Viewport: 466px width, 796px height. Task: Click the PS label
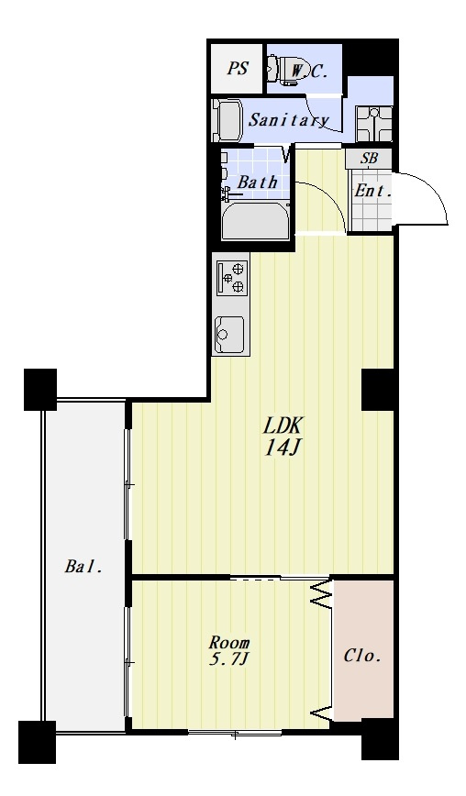click(237, 68)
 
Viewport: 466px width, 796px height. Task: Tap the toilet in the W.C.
click(283, 69)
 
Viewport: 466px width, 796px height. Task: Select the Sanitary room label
click(288, 120)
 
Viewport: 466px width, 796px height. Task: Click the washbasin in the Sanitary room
click(226, 120)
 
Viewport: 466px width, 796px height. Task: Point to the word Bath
click(258, 182)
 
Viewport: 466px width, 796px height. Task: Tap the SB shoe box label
click(369, 159)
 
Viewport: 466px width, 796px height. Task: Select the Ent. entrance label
click(373, 192)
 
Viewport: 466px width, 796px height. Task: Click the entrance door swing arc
click(436, 193)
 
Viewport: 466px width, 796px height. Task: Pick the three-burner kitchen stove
click(232, 278)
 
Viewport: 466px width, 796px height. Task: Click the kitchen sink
click(229, 335)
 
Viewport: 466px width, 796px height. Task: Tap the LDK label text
click(283, 426)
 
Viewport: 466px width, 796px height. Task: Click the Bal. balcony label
click(83, 567)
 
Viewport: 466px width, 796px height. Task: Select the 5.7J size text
click(229, 660)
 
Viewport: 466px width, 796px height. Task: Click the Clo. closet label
click(362, 656)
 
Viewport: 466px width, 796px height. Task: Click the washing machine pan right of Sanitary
click(374, 125)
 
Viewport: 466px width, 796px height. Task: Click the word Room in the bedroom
click(229, 643)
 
